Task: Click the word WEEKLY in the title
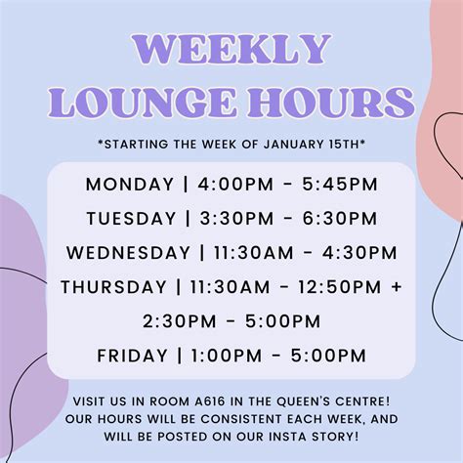click(231, 49)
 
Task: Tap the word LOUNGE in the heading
click(143, 103)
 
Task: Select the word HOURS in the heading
click(331, 103)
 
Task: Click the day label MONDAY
click(130, 185)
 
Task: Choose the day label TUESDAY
click(131, 219)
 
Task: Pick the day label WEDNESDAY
click(128, 253)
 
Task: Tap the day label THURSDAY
click(113, 287)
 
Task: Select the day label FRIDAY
click(132, 356)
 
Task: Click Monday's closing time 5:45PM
click(340, 185)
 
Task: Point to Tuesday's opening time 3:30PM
click(236, 219)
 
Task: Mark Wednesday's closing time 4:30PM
click(359, 253)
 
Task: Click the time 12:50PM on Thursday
click(339, 287)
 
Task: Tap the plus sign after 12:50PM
click(397, 287)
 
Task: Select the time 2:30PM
click(180, 321)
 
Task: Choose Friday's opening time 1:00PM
click(227, 356)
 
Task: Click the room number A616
click(210, 401)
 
